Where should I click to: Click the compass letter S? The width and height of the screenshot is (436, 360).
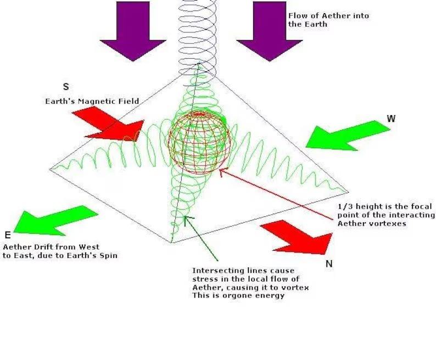pyautogui.click(x=66, y=87)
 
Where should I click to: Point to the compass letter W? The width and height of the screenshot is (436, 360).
pyautogui.click(x=392, y=119)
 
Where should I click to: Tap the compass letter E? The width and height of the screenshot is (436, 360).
pyautogui.click(x=8, y=235)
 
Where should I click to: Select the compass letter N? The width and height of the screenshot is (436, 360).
pyautogui.click(x=329, y=264)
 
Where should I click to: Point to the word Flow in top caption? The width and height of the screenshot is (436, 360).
pyautogui.click(x=297, y=16)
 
